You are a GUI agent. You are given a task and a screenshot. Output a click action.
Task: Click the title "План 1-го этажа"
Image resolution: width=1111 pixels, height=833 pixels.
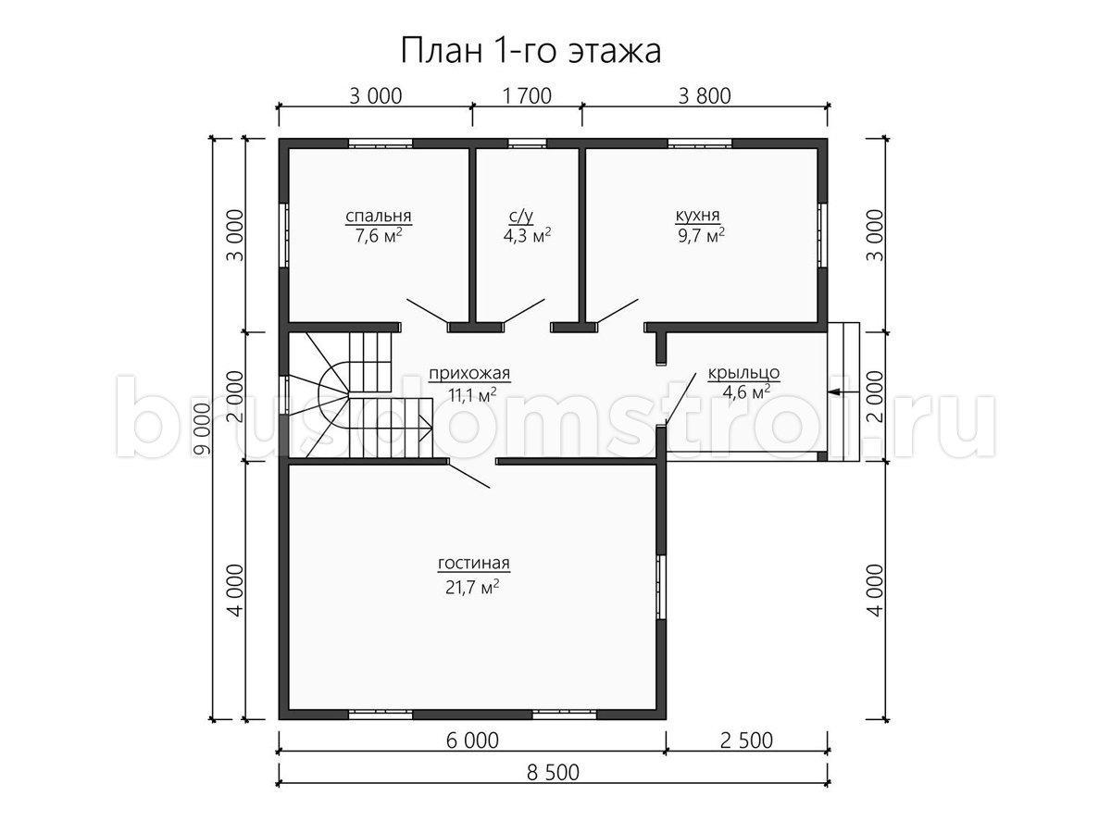(531, 52)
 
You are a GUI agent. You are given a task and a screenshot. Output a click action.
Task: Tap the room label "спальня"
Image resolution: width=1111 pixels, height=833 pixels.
(378, 217)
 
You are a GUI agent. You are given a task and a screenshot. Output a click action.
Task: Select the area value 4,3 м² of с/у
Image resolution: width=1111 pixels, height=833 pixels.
(527, 235)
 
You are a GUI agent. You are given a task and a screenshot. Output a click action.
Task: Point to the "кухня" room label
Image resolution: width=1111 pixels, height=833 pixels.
(697, 216)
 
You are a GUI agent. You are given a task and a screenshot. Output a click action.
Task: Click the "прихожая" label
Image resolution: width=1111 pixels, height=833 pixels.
(469, 374)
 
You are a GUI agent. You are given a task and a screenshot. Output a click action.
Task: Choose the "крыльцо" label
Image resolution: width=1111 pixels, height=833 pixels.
(743, 373)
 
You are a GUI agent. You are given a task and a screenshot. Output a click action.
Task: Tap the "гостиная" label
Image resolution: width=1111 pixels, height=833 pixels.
(474, 563)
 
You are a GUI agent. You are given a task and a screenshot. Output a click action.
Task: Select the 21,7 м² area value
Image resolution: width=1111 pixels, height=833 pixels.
(473, 587)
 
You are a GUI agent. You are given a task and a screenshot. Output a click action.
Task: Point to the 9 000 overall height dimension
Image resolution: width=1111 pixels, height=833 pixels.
(203, 429)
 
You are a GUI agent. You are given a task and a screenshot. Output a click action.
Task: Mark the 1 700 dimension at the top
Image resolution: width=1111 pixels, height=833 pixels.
(527, 96)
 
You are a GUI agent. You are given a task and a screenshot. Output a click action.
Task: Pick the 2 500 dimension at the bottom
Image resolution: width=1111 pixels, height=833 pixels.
(746, 740)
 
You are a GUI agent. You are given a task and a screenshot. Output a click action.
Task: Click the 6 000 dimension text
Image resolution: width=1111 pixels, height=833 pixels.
(472, 740)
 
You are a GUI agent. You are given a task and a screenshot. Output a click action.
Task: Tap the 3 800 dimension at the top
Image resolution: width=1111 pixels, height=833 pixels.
(705, 96)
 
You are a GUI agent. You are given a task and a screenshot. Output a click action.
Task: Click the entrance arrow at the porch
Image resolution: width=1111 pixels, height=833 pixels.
(843, 392)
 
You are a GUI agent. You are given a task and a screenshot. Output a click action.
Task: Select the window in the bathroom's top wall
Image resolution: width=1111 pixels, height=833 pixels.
(527, 143)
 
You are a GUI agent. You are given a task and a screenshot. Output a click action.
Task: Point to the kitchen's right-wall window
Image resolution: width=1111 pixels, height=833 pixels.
(822, 235)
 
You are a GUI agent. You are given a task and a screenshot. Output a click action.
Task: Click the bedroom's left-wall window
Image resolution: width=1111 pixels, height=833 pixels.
(284, 235)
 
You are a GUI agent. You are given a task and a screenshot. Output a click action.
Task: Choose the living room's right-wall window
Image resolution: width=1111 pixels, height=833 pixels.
(661, 587)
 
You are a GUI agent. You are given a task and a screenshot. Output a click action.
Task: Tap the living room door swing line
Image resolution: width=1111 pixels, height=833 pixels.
(468, 475)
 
